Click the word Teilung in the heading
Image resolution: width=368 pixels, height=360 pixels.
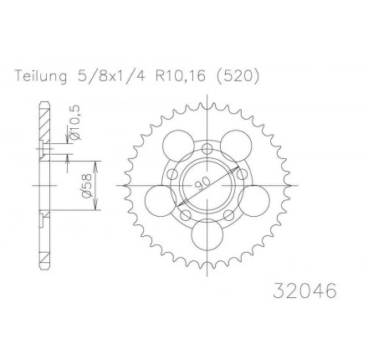(41, 76)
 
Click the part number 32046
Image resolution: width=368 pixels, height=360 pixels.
(305, 291)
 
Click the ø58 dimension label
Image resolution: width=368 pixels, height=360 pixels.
(87, 186)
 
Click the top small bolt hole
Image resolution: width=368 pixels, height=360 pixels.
(207, 149)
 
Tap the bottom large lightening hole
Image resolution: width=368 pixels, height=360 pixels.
(207, 234)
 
